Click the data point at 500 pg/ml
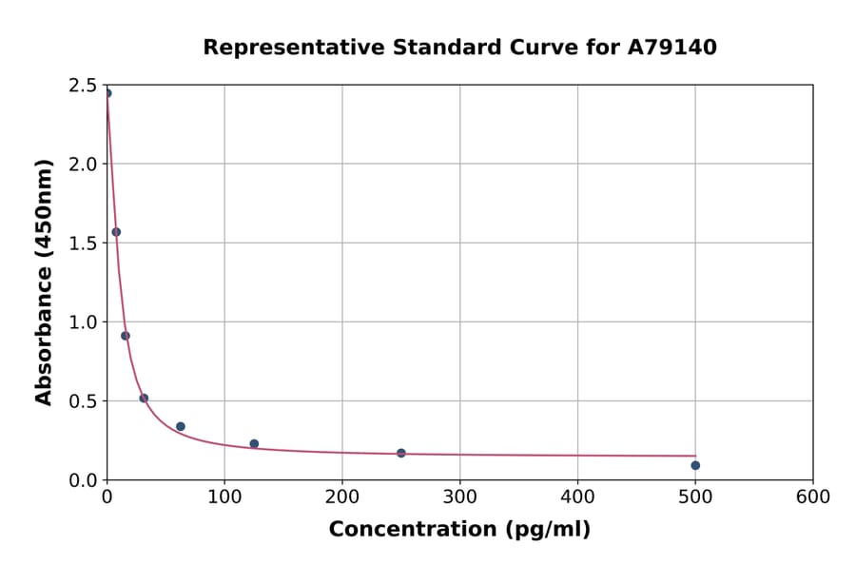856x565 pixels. (x=695, y=465)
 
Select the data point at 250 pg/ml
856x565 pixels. (x=401, y=453)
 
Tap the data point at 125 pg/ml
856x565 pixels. (x=254, y=443)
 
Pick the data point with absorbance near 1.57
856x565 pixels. (x=116, y=232)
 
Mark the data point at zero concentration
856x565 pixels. (x=107, y=93)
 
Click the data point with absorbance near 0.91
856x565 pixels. (x=126, y=336)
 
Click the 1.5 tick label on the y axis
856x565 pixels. (x=84, y=244)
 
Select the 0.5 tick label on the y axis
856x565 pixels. (x=84, y=401)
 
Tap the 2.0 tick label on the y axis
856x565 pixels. (x=84, y=165)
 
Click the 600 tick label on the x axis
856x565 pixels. (x=813, y=497)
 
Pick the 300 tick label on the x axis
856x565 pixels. (x=460, y=497)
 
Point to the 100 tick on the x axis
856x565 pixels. (x=224, y=497)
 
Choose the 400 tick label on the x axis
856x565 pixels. (x=578, y=497)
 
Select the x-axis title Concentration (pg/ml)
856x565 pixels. (x=459, y=530)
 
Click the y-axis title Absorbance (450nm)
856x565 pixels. (x=44, y=282)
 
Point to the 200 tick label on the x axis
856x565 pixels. (x=342, y=497)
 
